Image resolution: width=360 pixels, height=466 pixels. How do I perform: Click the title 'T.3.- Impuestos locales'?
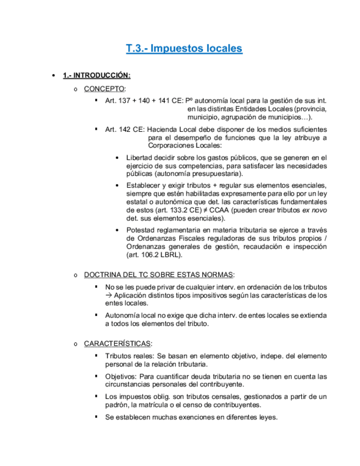pos(184,48)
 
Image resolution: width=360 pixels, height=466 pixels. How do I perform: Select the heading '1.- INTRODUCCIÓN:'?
pos(96,75)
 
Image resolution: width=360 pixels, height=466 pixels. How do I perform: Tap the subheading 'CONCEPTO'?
pos(104,88)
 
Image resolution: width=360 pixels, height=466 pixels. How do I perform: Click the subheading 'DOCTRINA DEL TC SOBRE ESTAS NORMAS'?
pos(159,274)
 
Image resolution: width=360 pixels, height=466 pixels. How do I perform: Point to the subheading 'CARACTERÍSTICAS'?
pos(118,343)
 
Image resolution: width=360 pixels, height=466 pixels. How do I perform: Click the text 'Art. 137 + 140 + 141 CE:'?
pos(144,101)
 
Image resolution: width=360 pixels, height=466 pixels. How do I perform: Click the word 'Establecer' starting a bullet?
pos(144,185)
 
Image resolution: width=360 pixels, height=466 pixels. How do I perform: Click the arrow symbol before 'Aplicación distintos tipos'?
pos(108,295)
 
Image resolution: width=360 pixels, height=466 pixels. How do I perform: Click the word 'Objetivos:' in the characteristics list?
pos(121,376)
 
